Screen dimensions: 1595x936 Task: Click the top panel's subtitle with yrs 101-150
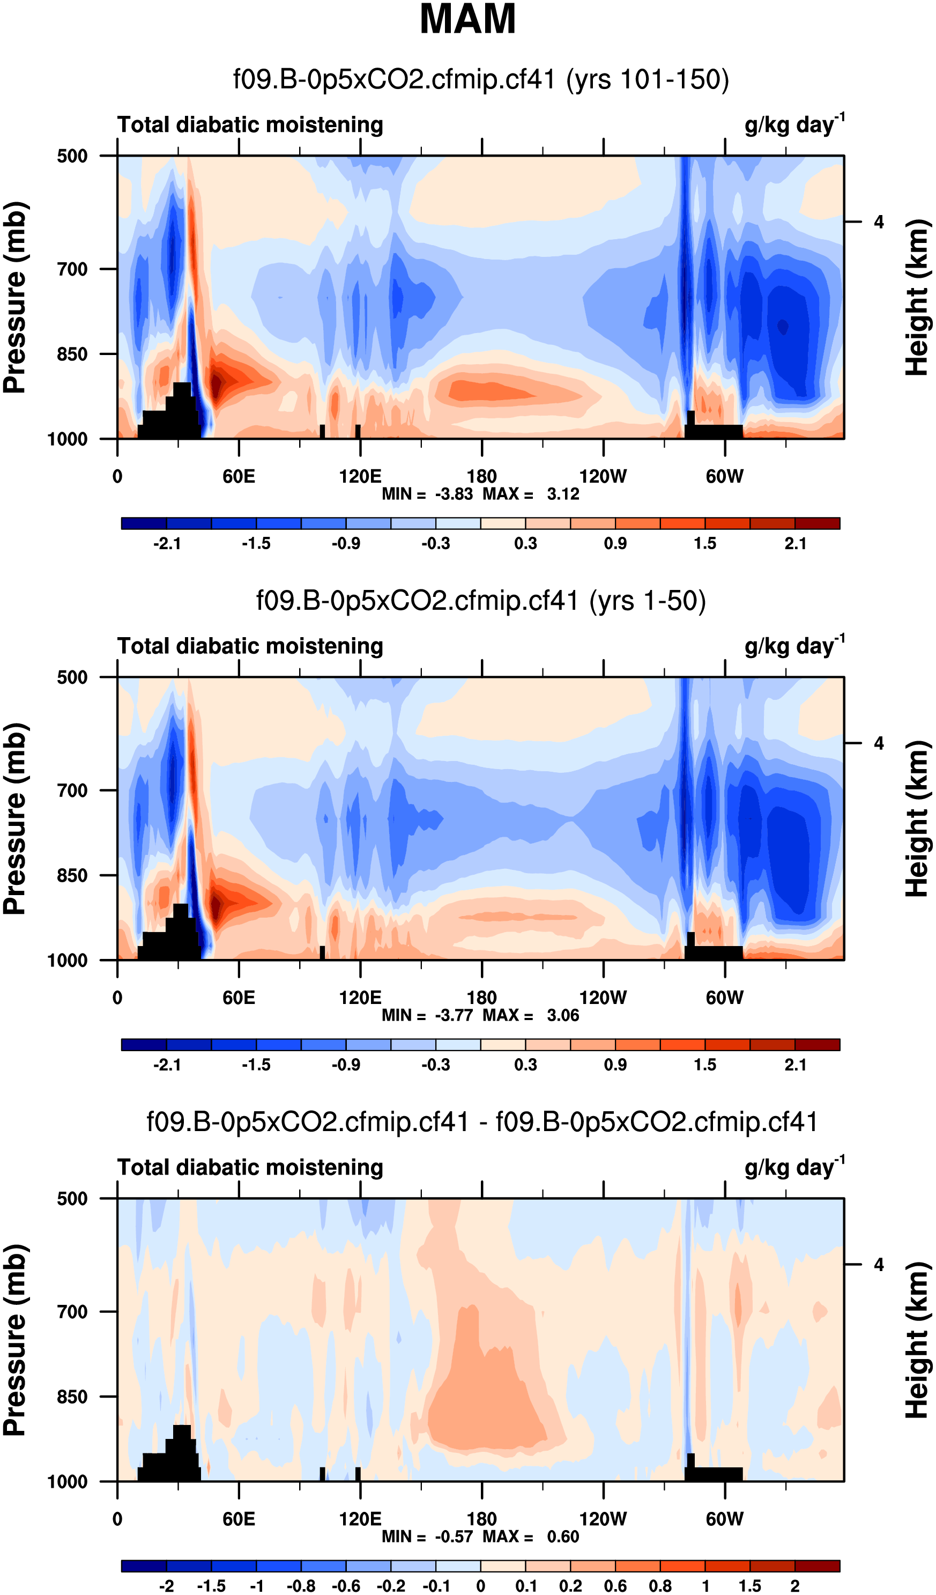pos(481,80)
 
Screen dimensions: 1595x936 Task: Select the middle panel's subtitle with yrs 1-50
pos(481,601)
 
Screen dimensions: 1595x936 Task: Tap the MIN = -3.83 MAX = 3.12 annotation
pos(480,494)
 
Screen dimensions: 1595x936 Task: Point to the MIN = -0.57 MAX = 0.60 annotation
pos(480,1536)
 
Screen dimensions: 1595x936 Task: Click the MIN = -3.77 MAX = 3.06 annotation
pos(480,1015)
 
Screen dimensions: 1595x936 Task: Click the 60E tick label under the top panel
pos(239,476)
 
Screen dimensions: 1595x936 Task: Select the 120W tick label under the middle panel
pos(603,998)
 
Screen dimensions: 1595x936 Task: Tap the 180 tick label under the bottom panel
pos(481,1518)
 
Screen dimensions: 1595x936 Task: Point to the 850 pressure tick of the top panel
pos(72,354)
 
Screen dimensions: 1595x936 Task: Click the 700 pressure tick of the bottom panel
pos(72,1311)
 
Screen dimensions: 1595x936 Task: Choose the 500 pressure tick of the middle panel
pos(72,677)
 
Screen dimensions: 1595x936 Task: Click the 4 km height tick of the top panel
pos(879,222)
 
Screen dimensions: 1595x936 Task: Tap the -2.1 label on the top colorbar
pos(167,543)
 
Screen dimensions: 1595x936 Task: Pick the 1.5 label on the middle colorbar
pos(705,1065)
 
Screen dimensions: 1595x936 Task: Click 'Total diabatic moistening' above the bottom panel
pos(250,1168)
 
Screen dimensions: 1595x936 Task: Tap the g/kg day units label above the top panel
pos(794,124)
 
